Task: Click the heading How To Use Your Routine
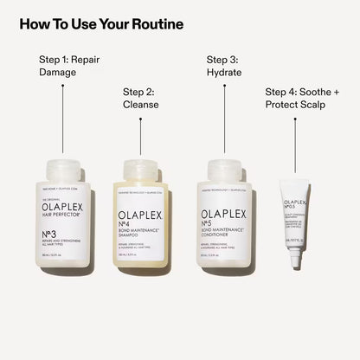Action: pyautogui.click(x=101, y=23)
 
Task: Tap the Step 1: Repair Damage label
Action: pyautogui.click(x=72, y=67)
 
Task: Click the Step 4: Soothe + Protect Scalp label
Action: pyautogui.click(x=300, y=98)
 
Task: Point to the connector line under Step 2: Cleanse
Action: pyautogui.click(x=139, y=138)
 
